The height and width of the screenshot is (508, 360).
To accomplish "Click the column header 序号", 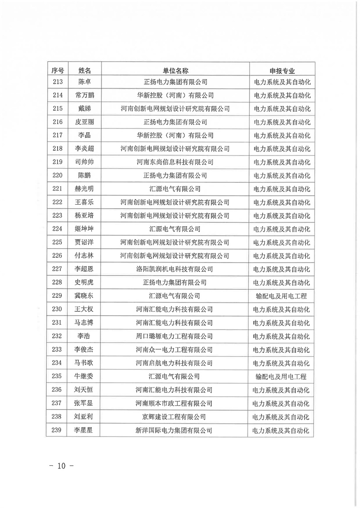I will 57,70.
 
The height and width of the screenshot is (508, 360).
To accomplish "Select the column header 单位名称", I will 175,70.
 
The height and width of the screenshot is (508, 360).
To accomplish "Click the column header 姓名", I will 85,70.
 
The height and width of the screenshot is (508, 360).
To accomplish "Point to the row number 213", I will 57,82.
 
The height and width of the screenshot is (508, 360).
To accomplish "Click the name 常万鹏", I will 85,95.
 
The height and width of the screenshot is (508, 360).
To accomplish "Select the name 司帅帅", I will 85,162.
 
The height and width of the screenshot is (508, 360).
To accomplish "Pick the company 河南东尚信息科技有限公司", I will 175,162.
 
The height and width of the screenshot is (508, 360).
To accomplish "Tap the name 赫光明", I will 85,189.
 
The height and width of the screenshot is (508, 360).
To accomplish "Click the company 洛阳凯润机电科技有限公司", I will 175,269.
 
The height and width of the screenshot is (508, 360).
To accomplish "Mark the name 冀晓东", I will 85,296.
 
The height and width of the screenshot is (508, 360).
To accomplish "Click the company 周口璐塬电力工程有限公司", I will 175,336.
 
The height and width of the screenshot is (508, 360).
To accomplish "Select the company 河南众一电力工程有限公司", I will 175,350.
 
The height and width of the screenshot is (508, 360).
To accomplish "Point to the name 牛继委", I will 85,377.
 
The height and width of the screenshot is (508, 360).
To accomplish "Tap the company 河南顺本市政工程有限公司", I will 175,403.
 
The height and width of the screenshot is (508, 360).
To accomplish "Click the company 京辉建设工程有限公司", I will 175,417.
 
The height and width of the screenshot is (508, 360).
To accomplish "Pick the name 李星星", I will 85,430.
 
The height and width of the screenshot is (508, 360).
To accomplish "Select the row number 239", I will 57,430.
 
